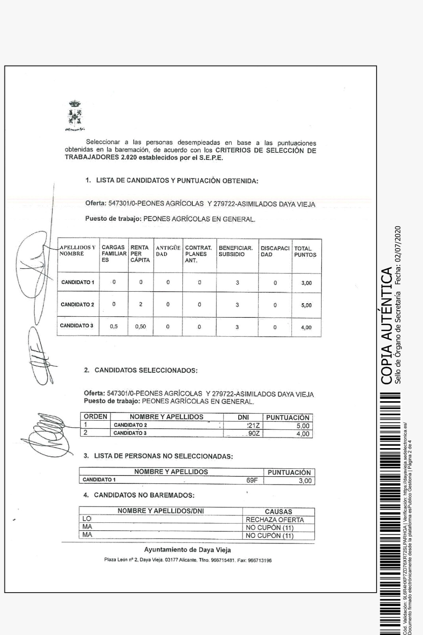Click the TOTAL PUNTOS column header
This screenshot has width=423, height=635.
point(305,252)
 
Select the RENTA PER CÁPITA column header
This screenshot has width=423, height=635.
point(140,254)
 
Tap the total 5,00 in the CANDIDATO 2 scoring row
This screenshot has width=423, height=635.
point(306,305)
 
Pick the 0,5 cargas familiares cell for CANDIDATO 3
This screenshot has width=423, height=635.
point(113,327)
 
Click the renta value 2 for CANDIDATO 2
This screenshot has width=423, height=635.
point(141,305)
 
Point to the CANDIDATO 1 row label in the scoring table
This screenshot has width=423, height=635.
point(78,283)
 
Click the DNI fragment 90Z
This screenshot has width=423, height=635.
point(254,433)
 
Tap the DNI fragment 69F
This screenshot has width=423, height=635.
point(252,480)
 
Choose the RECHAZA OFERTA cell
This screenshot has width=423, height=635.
point(275,520)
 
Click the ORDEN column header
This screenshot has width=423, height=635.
point(96,417)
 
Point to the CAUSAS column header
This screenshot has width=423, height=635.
point(278,512)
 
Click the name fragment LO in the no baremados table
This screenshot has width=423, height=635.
point(87,519)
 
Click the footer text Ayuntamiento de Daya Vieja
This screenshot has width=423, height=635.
point(188,550)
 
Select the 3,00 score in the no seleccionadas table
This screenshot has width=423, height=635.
point(305,481)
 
